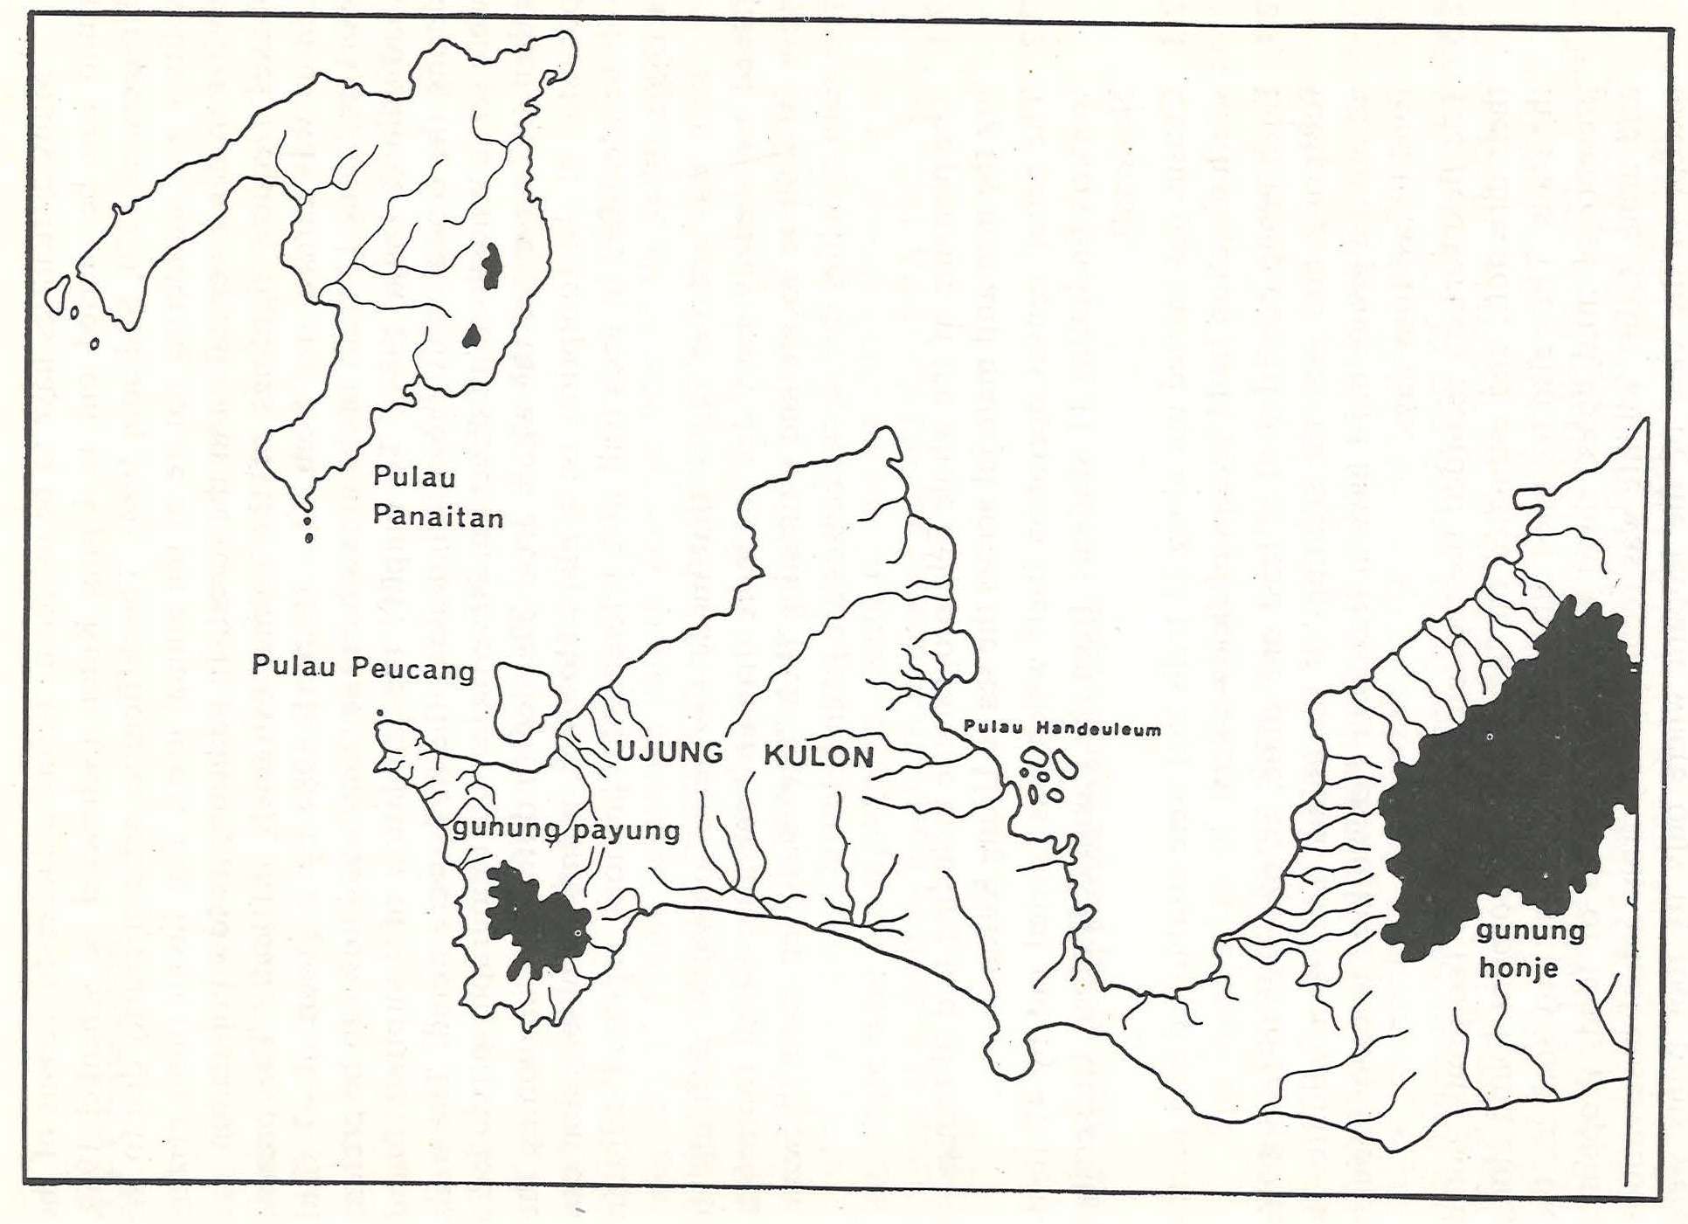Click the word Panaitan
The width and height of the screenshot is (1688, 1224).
pyautogui.click(x=438, y=517)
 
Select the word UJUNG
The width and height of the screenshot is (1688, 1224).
pyautogui.click(x=670, y=752)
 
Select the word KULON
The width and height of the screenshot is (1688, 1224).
pyautogui.click(x=819, y=756)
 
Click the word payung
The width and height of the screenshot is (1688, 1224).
pyautogui.click(x=625, y=830)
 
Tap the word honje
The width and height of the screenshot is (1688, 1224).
pyautogui.click(x=1519, y=968)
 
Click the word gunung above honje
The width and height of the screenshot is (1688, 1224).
pyautogui.click(x=1530, y=930)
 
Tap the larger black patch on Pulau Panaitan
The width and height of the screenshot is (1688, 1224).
pyautogui.click(x=492, y=266)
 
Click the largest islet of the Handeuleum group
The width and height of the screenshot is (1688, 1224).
pyautogui.click(x=1063, y=764)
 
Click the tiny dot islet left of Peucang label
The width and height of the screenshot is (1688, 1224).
pyautogui.click(x=379, y=713)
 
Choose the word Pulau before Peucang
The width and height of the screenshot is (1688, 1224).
pyautogui.click(x=294, y=666)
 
